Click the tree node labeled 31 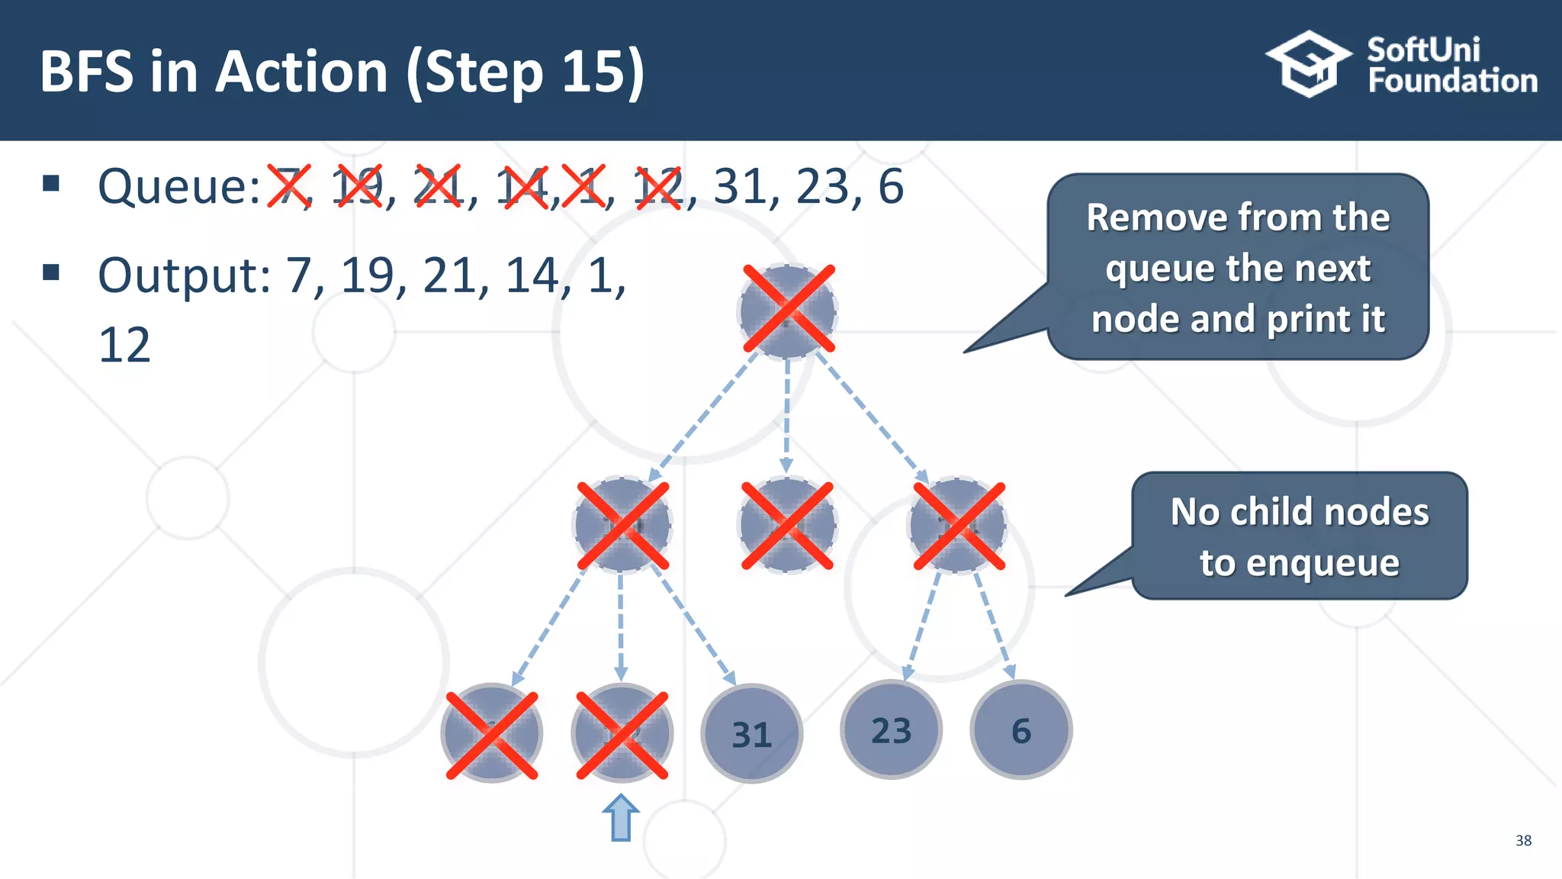tap(751, 733)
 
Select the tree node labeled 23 tap(891, 730)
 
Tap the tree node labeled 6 tap(1020, 730)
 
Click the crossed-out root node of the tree tap(788, 310)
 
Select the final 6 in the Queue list tap(890, 187)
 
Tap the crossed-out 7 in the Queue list tap(289, 187)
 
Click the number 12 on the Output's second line tap(124, 346)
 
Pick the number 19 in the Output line tap(369, 275)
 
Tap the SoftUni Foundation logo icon tap(1309, 64)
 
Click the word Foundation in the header tap(1452, 81)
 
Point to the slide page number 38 tap(1523, 841)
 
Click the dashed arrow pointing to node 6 tap(994, 626)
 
